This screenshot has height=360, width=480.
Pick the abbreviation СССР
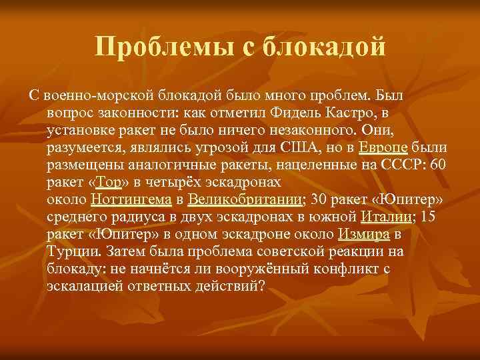[399, 165]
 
